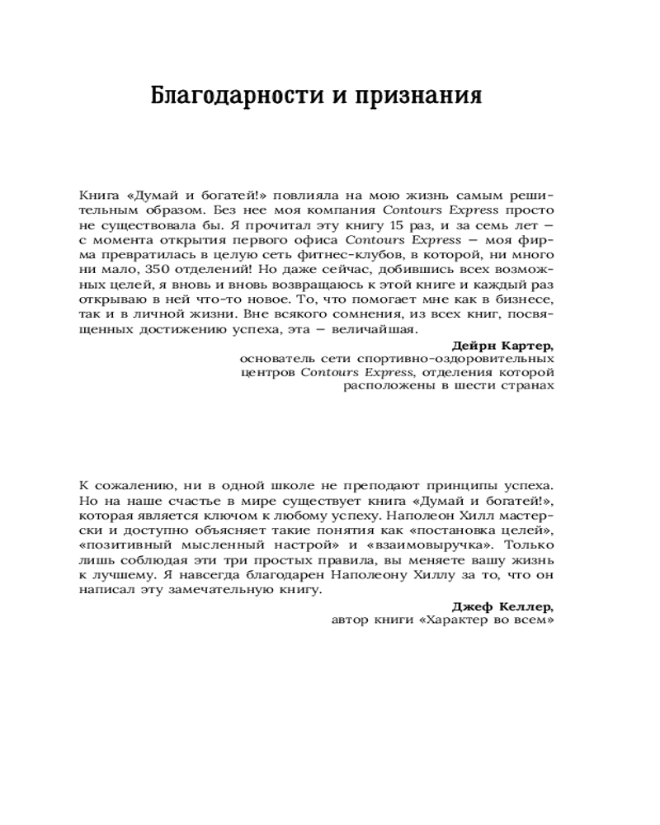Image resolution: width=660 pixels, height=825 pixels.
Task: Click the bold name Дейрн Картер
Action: (x=503, y=344)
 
